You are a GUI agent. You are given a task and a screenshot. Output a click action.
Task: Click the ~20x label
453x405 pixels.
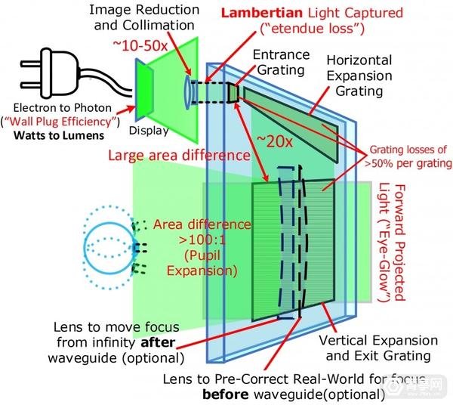[x=273, y=142]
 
